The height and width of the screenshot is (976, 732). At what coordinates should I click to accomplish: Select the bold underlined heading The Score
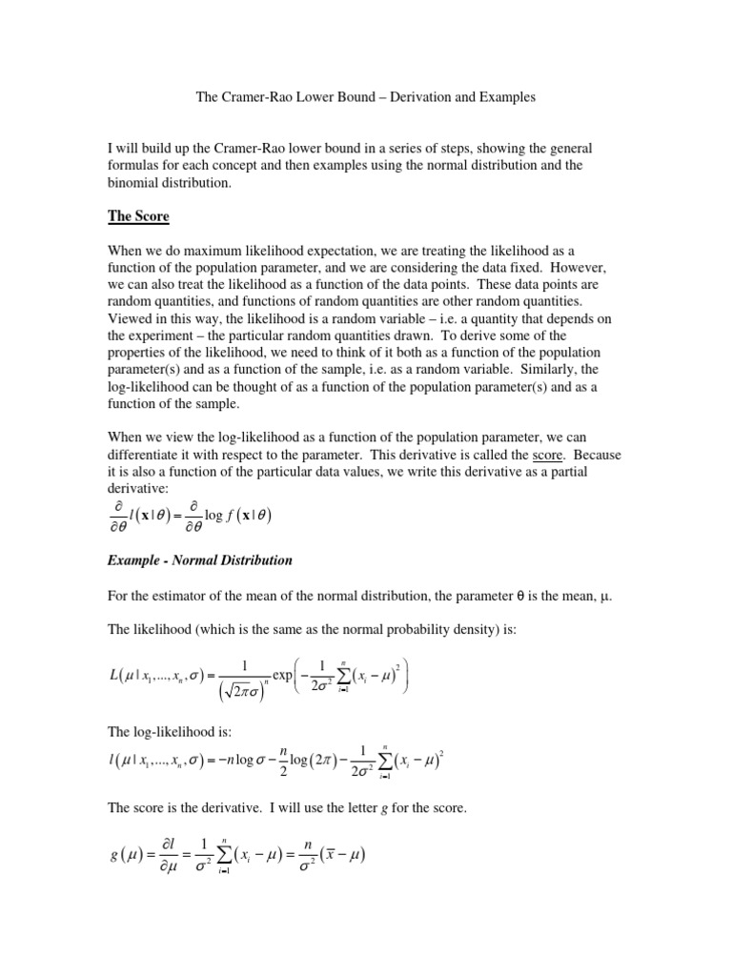coord(138,216)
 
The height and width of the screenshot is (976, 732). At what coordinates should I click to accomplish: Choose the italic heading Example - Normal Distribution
coord(200,559)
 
